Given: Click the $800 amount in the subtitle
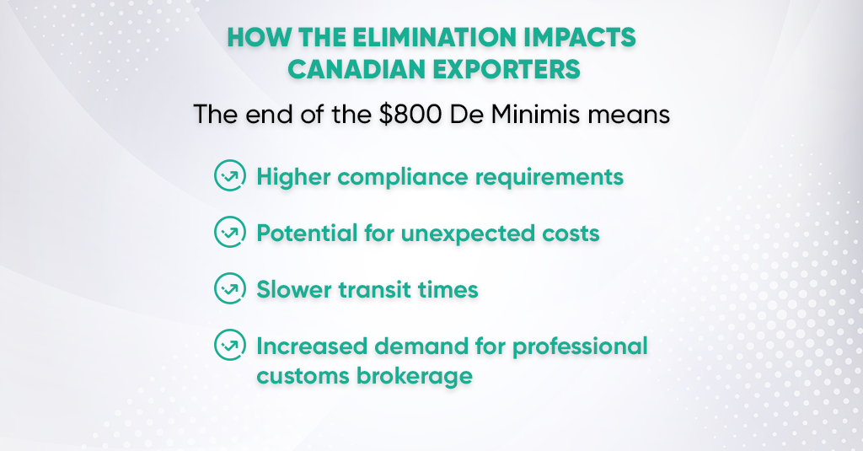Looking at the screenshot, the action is pyautogui.click(x=410, y=115).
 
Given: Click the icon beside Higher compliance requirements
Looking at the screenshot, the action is pyautogui.click(x=229, y=175).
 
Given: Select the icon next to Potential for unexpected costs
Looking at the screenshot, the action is pyautogui.click(x=229, y=232).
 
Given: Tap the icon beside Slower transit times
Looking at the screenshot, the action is pyautogui.click(x=229, y=288).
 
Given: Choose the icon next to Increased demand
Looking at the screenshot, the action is pyautogui.click(x=229, y=345).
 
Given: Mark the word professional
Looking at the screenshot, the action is pyautogui.click(x=580, y=347).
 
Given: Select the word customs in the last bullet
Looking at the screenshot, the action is pyautogui.click(x=303, y=377).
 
